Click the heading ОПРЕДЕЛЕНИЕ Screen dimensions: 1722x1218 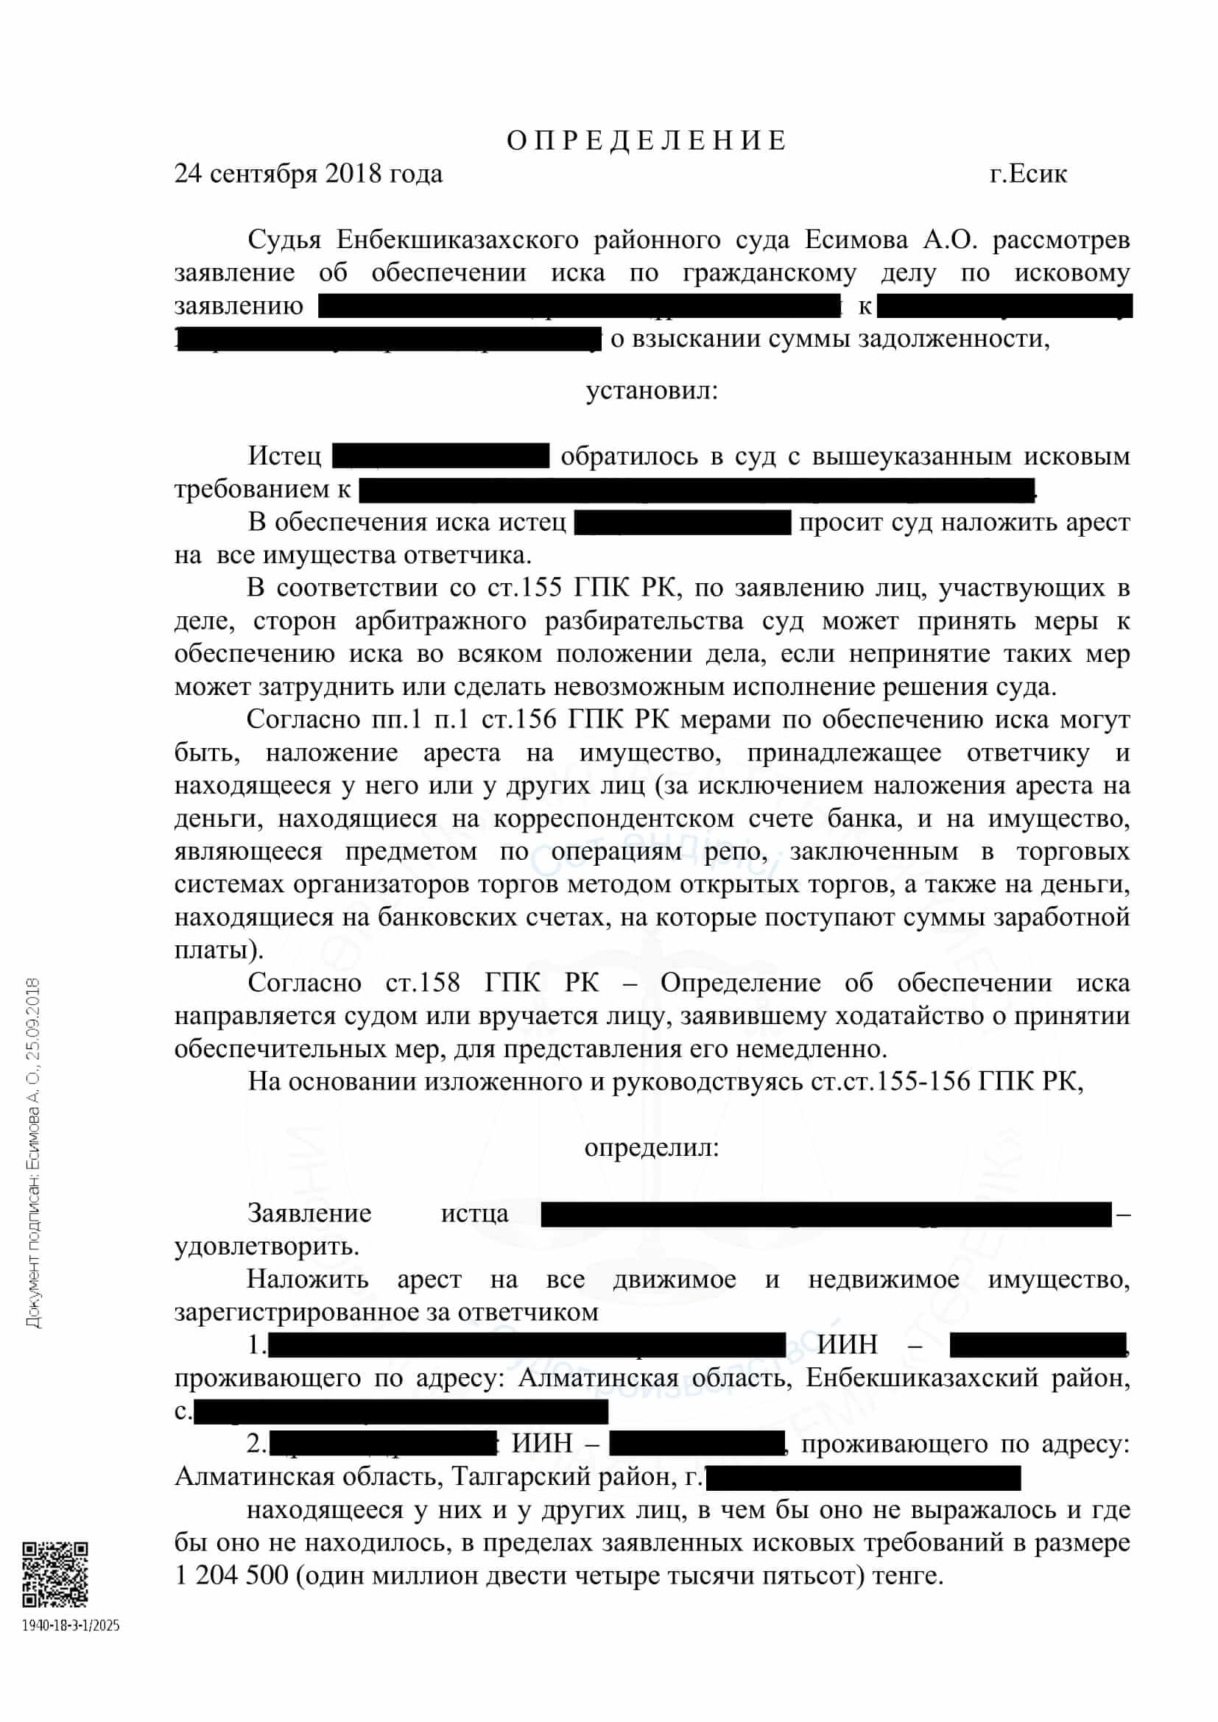pyautogui.click(x=647, y=141)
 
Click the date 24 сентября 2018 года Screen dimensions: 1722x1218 pyautogui.click(x=309, y=174)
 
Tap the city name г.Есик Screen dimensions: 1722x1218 pyautogui.click(x=1027, y=174)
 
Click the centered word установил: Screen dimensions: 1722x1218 pyautogui.click(x=651, y=391)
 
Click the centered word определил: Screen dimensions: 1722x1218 pyautogui.click(x=651, y=1148)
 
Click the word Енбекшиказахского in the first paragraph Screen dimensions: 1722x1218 pyautogui.click(x=457, y=240)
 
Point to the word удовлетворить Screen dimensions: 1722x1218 pyautogui.click(x=267, y=1246)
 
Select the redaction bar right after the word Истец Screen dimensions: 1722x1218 pyautogui.click(x=440, y=456)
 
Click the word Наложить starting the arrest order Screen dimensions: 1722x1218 pyautogui.click(x=308, y=1279)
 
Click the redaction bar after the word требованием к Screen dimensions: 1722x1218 pyautogui.click(x=697, y=489)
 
